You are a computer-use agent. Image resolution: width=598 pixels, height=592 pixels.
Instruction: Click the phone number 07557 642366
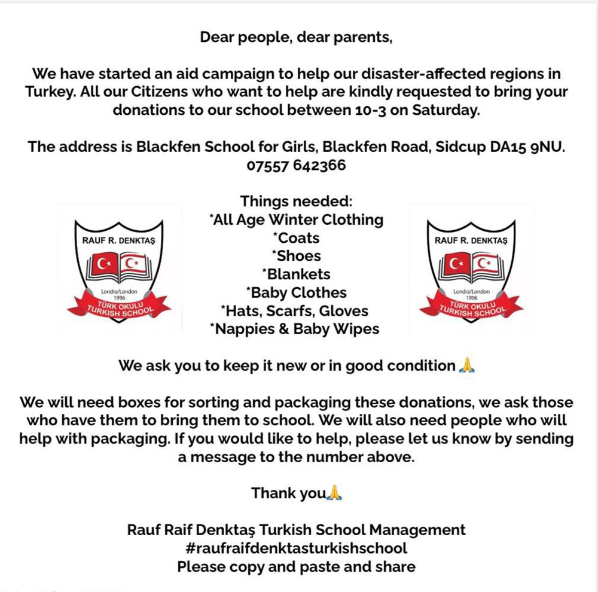pos(296,165)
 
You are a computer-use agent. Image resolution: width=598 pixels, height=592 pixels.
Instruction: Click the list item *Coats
pos(296,238)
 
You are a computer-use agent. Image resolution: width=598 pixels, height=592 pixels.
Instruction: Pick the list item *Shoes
pos(296,256)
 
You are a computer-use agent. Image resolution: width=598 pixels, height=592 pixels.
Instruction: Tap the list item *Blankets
pos(296,274)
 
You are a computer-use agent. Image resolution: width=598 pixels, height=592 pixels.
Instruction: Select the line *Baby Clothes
pos(296,292)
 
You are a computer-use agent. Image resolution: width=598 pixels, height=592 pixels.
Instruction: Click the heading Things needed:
pos(296,202)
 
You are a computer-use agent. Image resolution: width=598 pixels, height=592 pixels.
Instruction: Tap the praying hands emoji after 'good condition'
pos(466,365)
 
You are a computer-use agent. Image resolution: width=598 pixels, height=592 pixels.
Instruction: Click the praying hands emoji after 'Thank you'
pos(335,493)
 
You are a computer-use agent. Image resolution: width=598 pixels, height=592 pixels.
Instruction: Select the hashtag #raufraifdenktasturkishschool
pos(296,548)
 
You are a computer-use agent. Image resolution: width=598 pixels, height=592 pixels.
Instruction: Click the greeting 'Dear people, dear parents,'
pos(296,38)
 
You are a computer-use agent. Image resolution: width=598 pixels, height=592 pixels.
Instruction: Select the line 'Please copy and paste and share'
pos(296,566)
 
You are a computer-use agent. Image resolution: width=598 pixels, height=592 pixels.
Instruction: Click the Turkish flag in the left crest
pos(104,264)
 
